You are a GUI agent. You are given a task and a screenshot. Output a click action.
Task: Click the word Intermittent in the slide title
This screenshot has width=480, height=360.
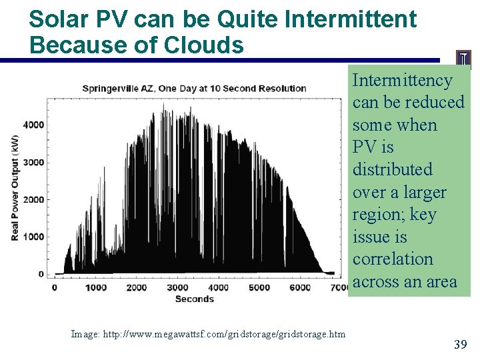tap(350, 19)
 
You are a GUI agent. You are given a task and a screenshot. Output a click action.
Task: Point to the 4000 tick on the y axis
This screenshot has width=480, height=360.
tap(33, 125)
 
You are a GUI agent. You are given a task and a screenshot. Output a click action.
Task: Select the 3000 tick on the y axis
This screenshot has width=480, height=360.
tap(33, 162)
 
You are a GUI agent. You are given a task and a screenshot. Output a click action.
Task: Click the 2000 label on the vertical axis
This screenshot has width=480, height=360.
tap(33, 199)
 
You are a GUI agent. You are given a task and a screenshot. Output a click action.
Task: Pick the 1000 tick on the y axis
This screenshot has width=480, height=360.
tap(33, 237)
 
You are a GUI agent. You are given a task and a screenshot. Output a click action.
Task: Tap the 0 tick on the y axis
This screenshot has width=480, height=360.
tap(41, 274)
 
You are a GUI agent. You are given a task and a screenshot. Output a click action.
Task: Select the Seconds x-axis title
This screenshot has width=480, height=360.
tap(194, 299)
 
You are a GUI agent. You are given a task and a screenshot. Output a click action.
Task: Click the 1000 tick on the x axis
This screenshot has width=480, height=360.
tap(95, 287)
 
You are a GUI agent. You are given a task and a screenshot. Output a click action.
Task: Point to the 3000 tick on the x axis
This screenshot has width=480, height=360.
tap(177, 287)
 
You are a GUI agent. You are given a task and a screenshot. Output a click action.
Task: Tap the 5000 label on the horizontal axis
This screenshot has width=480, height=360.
tap(259, 287)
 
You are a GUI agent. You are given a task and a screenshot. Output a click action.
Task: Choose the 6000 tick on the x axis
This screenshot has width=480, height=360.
tap(300, 287)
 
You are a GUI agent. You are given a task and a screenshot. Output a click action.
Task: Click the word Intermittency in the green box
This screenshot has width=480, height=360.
tap(402, 80)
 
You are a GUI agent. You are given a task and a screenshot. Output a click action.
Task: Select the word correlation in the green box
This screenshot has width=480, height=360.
tap(393, 259)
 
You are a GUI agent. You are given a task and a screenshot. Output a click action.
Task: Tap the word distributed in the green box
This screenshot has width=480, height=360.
tap(392, 169)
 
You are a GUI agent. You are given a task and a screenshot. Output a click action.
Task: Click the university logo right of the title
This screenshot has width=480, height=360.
tap(463, 59)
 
